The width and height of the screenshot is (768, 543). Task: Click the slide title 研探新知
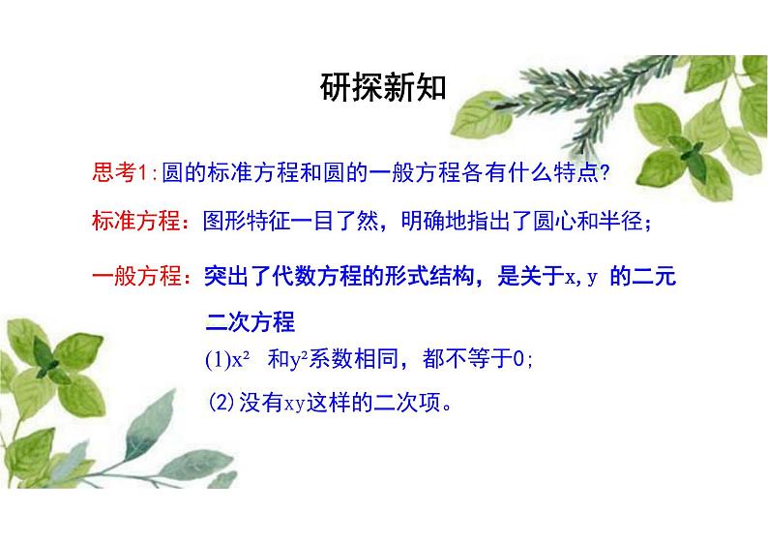[383, 88]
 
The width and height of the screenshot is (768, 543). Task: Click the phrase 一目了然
[337, 223]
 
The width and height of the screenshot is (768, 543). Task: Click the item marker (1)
[217, 360]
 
